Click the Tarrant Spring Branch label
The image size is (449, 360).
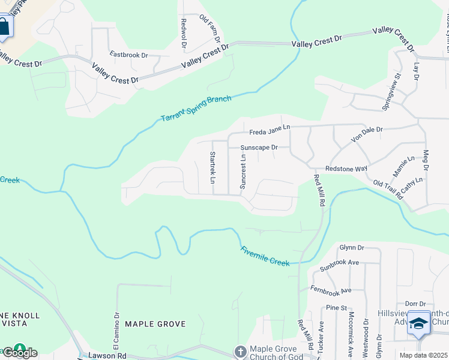196,109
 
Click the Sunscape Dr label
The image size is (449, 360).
259,147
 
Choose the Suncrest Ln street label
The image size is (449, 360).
243,172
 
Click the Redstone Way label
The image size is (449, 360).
346,169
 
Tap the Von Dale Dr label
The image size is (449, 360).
367,133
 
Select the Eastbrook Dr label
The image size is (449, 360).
128,55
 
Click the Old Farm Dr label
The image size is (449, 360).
209,28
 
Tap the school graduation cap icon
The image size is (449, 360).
418,323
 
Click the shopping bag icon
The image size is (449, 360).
4,26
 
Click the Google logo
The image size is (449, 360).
19,352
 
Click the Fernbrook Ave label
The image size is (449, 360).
331,290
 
